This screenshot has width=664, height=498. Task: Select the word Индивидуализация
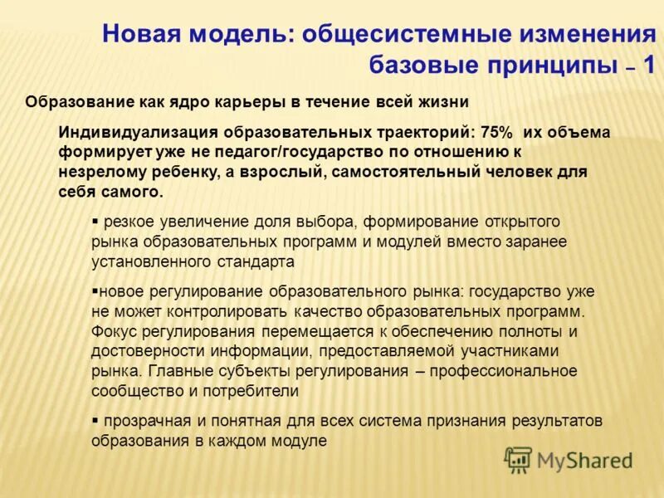click(x=138, y=132)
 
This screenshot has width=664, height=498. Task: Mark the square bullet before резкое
click(x=95, y=222)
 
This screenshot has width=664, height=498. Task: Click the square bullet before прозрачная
click(x=95, y=421)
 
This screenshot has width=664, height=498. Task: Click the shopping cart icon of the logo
click(x=518, y=459)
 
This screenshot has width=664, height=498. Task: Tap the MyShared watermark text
click(x=584, y=461)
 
